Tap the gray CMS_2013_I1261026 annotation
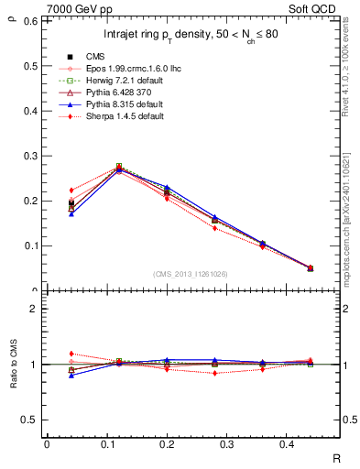tap(192, 274)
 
